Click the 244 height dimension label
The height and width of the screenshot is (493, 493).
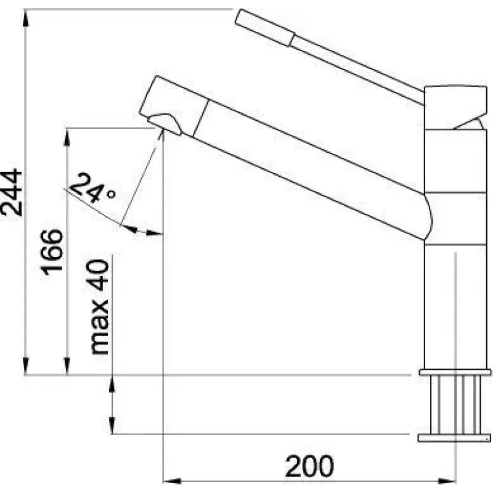(x=12, y=193)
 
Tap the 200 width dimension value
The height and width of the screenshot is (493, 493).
(x=309, y=466)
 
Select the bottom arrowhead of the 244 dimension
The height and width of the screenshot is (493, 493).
(x=26, y=366)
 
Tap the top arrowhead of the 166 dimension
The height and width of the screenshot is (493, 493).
(x=67, y=137)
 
